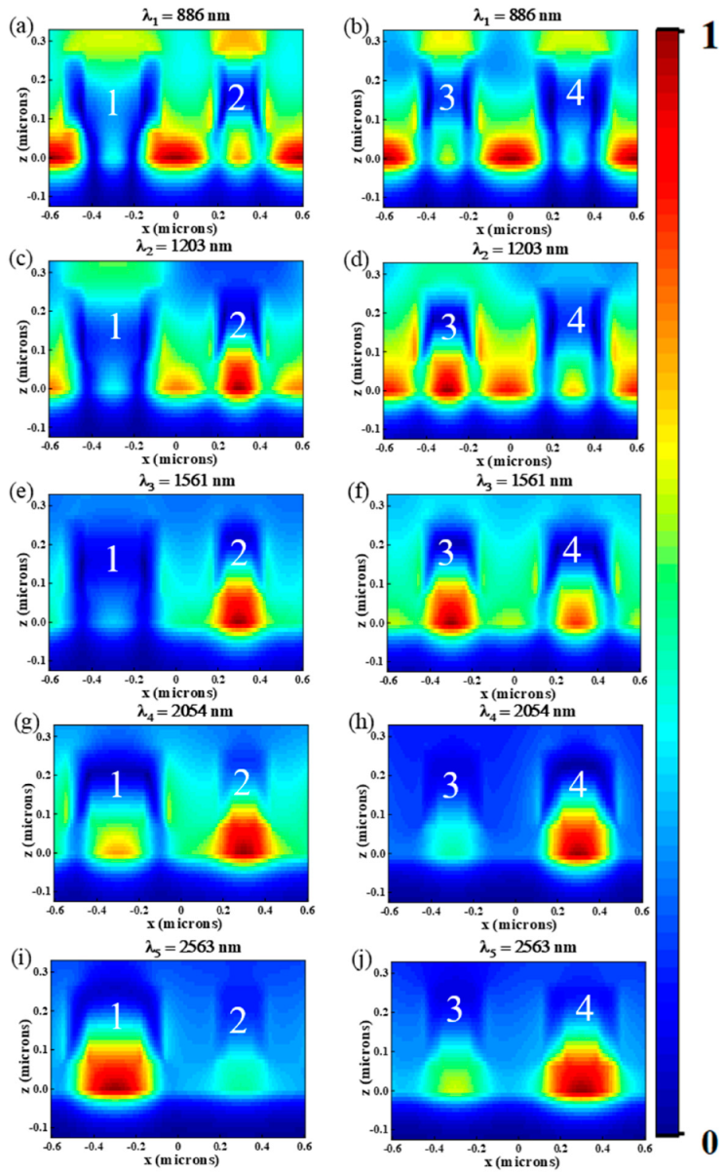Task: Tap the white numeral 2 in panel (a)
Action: pos(237,98)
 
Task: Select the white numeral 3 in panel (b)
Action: pos(447,98)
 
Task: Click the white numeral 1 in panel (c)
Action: pos(114,328)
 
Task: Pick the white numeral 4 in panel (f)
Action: pos(574,553)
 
